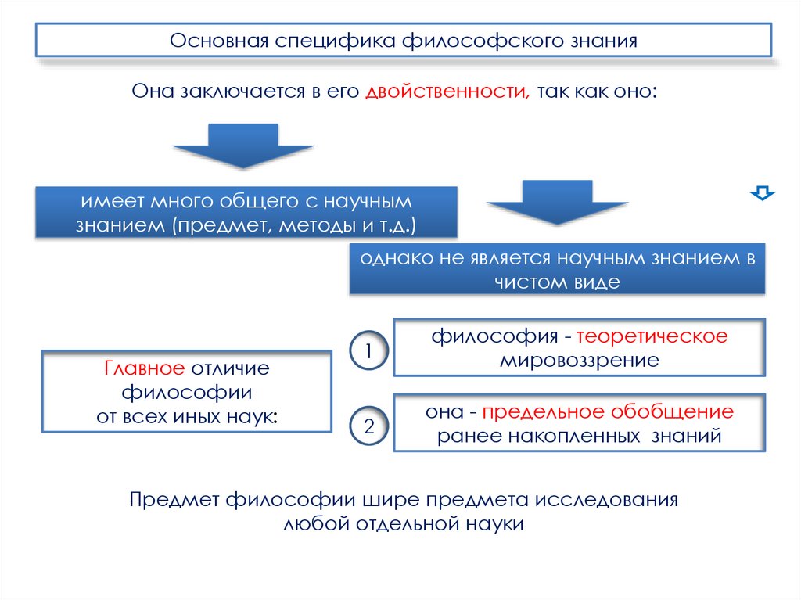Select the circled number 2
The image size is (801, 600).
pyautogui.click(x=368, y=427)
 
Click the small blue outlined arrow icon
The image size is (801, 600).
pyautogui.click(x=762, y=192)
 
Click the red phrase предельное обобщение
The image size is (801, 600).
pyautogui.click(x=607, y=411)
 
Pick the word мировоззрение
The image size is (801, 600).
pyautogui.click(x=580, y=361)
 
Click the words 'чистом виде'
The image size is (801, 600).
pyautogui.click(x=556, y=282)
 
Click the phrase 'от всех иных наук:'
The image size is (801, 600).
pyautogui.click(x=187, y=416)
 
